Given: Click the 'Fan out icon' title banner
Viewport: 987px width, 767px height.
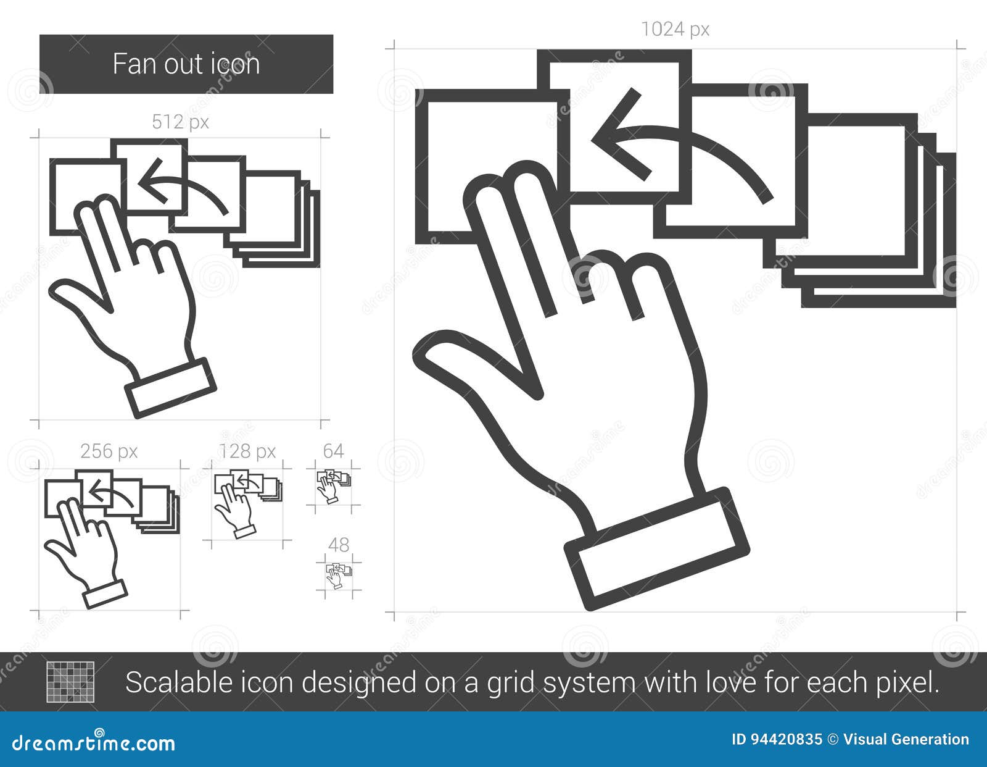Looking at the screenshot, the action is click(186, 64).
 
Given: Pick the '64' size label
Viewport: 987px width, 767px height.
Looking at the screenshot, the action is click(333, 451).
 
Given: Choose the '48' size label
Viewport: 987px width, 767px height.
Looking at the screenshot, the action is click(339, 545).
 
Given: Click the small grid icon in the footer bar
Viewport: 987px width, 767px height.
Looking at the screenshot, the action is click(70, 682).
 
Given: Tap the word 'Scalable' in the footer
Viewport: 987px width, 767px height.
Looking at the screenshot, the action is click(180, 682).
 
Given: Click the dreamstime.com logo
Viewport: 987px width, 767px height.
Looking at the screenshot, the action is click(93, 744).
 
